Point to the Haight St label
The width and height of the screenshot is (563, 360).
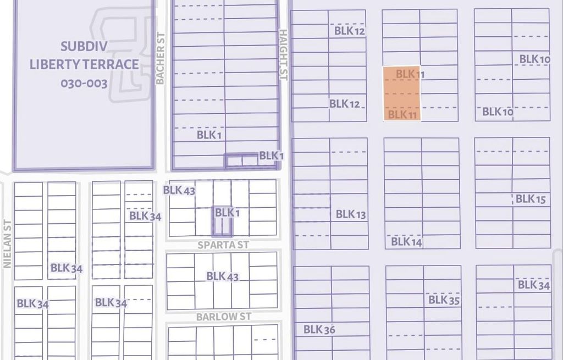[x=283, y=54]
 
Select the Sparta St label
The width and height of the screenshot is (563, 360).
[x=223, y=245]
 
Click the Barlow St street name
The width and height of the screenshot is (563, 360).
[x=224, y=317]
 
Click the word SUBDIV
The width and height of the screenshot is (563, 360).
[x=84, y=46]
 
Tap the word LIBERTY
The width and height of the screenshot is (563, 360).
[x=54, y=64]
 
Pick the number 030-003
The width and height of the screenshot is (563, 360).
[x=84, y=84]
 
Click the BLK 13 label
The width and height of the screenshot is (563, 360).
[x=351, y=214]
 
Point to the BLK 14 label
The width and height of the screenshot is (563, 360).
[x=406, y=241]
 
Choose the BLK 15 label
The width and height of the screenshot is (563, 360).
[x=531, y=199]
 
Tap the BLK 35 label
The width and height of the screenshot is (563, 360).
[x=444, y=300]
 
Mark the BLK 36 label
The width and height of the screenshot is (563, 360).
[x=319, y=330]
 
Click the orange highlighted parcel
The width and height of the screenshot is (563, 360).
[x=401, y=94]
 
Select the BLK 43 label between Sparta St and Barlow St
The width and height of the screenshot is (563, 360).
[x=223, y=276]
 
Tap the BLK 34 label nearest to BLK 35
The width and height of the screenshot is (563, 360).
[x=533, y=285]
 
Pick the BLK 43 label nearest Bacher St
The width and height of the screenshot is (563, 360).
[x=179, y=191]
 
